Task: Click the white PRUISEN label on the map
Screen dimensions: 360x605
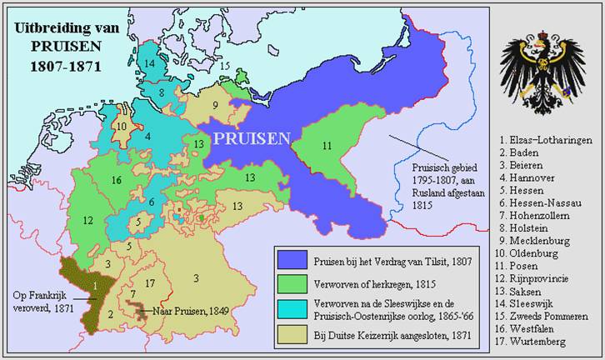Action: [252, 137]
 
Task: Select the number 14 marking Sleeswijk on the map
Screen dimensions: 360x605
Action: [149, 63]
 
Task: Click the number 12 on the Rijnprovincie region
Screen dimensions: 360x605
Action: [86, 220]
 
